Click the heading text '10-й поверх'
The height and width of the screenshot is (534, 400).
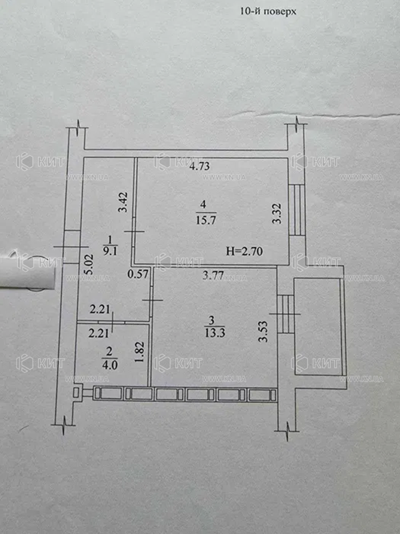269,11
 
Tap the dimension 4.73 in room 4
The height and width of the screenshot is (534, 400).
199,166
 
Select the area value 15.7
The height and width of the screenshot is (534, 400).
206,220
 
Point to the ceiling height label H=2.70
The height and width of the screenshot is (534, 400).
244,252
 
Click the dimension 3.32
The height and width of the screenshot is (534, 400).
278,214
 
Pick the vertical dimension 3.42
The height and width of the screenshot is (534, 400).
123,202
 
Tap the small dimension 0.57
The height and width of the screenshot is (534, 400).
138,274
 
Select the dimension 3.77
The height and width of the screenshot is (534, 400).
213,275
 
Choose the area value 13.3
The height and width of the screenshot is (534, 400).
215,332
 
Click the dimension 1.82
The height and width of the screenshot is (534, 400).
142,352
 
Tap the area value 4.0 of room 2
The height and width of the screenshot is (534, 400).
109,365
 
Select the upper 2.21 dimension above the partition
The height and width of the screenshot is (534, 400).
99,310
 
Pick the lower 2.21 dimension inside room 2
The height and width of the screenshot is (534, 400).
99,333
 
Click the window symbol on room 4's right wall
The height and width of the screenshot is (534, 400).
297,210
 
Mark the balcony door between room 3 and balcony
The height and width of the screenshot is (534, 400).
285,314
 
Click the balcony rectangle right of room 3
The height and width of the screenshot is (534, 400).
318,327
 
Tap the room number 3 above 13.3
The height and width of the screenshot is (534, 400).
211,320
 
